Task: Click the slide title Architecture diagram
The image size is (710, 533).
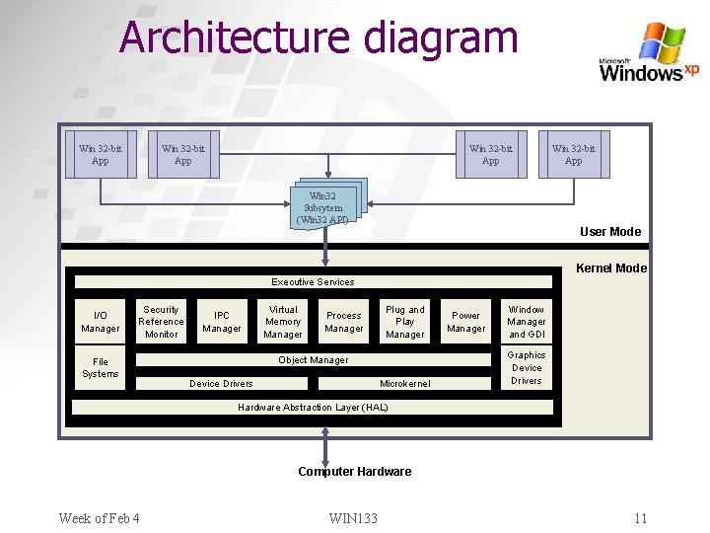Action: coord(319,38)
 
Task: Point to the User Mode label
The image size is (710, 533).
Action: coord(609,232)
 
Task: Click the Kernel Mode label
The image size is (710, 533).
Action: coord(610,268)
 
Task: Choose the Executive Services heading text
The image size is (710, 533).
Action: coord(313,282)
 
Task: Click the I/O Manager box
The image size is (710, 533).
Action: coord(101,322)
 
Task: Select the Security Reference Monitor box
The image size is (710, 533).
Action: coord(161,322)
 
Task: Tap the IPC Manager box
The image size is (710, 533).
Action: coord(222,322)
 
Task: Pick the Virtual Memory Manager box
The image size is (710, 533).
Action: coord(283,322)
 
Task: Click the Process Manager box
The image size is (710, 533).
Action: coord(344,322)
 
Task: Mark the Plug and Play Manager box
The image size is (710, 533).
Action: coord(405,322)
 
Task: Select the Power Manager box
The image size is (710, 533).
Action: coord(465,322)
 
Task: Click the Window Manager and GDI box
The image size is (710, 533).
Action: coord(527,322)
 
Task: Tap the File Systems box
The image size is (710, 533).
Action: coord(101,368)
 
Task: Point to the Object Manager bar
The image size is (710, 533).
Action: coord(313,360)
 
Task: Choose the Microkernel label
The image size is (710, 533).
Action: coord(404,383)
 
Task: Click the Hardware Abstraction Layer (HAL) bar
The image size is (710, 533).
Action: coord(313,407)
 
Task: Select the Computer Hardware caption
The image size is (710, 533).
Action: coord(354,472)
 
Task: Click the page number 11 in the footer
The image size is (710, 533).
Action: coord(640,519)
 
